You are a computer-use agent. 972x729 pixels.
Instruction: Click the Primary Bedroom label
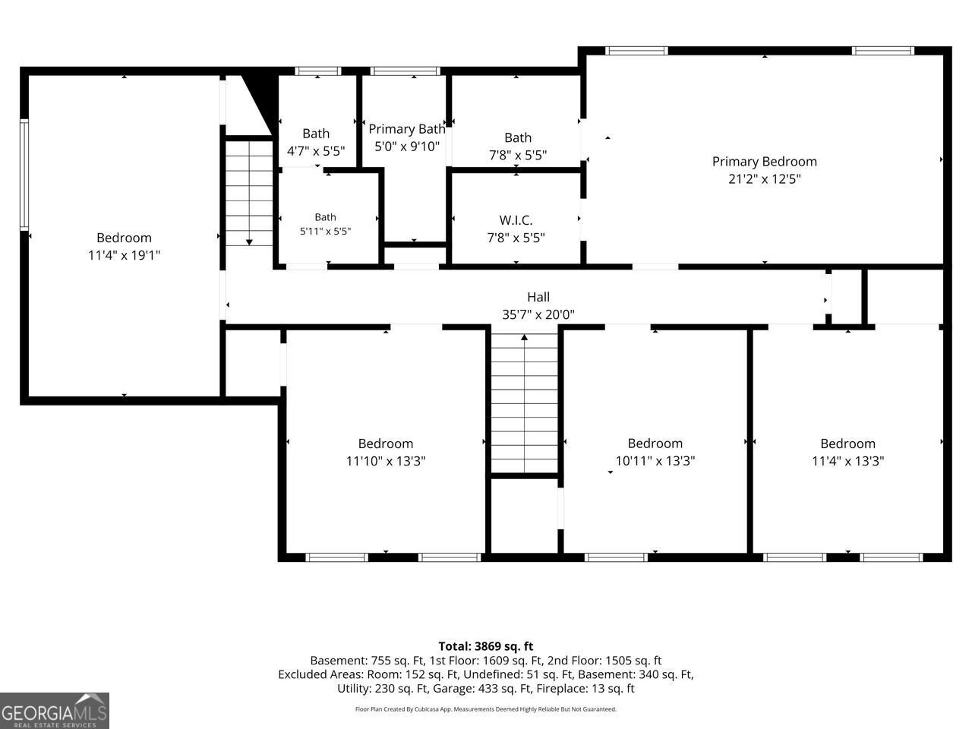click(x=765, y=162)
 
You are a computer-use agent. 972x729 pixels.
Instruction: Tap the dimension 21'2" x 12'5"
click(x=765, y=178)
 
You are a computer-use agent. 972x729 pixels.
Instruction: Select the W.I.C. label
click(x=516, y=220)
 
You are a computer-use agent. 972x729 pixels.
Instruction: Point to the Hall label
click(x=538, y=297)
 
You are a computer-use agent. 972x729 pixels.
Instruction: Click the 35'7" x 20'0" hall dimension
click(x=538, y=314)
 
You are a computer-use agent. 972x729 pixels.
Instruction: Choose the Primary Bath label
click(x=407, y=129)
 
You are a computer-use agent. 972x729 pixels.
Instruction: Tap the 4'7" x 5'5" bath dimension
click(x=316, y=151)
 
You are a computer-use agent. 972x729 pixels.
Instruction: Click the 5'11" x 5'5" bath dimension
click(x=326, y=231)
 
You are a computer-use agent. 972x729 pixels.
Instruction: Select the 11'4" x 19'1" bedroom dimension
click(x=124, y=255)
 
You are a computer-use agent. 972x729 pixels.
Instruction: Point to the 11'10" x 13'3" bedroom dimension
click(x=386, y=461)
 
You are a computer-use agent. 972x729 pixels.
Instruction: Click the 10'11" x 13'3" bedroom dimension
click(x=655, y=461)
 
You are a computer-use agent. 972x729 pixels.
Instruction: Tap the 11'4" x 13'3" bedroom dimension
click(x=847, y=461)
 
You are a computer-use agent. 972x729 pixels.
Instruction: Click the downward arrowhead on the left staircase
click(x=249, y=242)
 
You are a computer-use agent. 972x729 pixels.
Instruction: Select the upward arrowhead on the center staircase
click(x=524, y=337)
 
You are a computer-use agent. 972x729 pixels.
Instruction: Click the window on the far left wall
click(x=24, y=175)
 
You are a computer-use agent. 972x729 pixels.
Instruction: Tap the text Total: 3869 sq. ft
click(x=486, y=646)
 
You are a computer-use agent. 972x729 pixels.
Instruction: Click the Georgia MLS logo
click(x=55, y=711)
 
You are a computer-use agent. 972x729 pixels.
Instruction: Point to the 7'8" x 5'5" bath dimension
click(x=518, y=155)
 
